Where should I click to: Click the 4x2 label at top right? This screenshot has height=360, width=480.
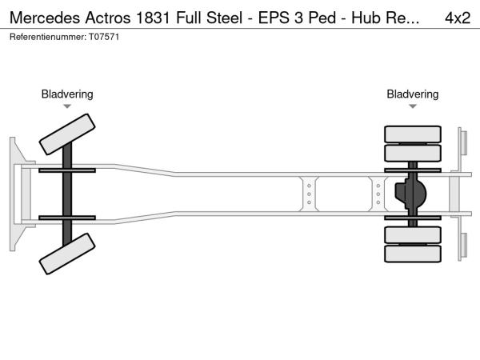pyautogui.click(x=458, y=18)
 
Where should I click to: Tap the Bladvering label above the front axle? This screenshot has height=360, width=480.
pyautogui.click(x=67, y=94)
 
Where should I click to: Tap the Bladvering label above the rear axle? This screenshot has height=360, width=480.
pyautogui.click(x=413, y=94)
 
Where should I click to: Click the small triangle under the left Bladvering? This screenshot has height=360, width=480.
pyautogui.click(x=67, y=106)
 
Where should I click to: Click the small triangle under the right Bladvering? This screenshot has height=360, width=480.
pyautogui.click(x=413, y=106)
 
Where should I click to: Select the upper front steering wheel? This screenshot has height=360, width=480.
pyautogui.click(x=67, y=134)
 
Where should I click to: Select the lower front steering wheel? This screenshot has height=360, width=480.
pyautogui.click(x=67, y=258)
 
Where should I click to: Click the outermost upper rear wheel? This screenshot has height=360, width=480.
pyautogui.click(x=413, y=134)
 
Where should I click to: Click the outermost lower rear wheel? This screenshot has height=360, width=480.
pyautogui.click(x=413, y=254)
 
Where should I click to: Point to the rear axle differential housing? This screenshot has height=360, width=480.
pyautogui.click(x=410, y=194)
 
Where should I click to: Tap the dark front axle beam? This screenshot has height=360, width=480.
pyautogui.click(x=68, y=194)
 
